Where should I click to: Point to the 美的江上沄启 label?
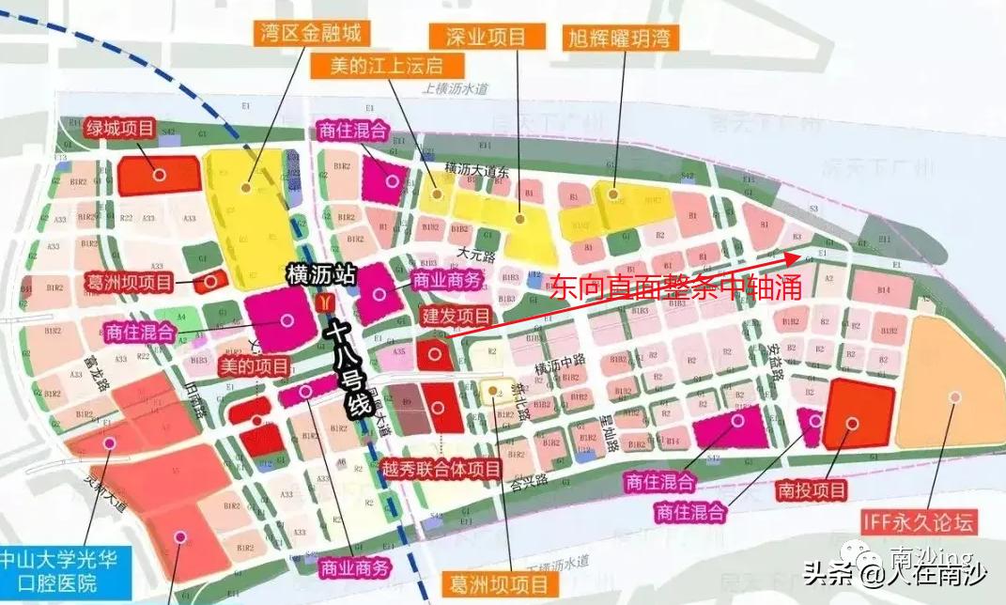pyautogui.click(x=386, y=67)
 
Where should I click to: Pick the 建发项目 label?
pyautogui.click(x=457, y=316)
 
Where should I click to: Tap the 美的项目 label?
pyautogui.click(x=251, y=364)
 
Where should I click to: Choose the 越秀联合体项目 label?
pyautogui.click(x=441, y=468)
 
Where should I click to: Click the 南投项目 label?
pyautogui.click(x=813, y=489)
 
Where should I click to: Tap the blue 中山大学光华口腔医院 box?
pyautogui.click(x=66, y=571)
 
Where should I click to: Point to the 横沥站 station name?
pyautogui.click(x=323, y=276)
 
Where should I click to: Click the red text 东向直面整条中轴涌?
pyautogui.click(x=675, y=287)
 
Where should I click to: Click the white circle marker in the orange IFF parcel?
pyautogui.click(x=954, y=396)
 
